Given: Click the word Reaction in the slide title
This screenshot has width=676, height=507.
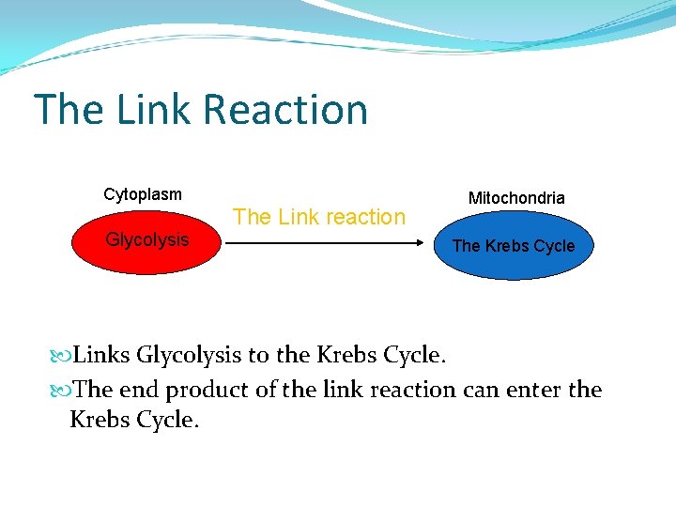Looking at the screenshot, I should (x=284, y=109).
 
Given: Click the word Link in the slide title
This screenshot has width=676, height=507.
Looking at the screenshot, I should (x=156, y=109).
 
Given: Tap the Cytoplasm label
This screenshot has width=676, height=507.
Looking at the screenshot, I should (x=143, y=194).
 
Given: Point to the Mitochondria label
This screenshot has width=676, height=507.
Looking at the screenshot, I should (x=516, y=198).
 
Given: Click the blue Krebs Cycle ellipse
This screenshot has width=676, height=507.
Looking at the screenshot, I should (x=514, y=246).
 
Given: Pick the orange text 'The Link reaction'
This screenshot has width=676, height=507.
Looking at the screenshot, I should (x=319, y=217).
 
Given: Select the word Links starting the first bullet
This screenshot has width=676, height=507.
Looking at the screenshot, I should (x=101, y=355).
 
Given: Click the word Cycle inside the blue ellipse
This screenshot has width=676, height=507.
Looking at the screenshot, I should (x=554, y=246).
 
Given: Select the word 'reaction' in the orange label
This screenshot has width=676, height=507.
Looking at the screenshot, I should (x=360, y=217).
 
